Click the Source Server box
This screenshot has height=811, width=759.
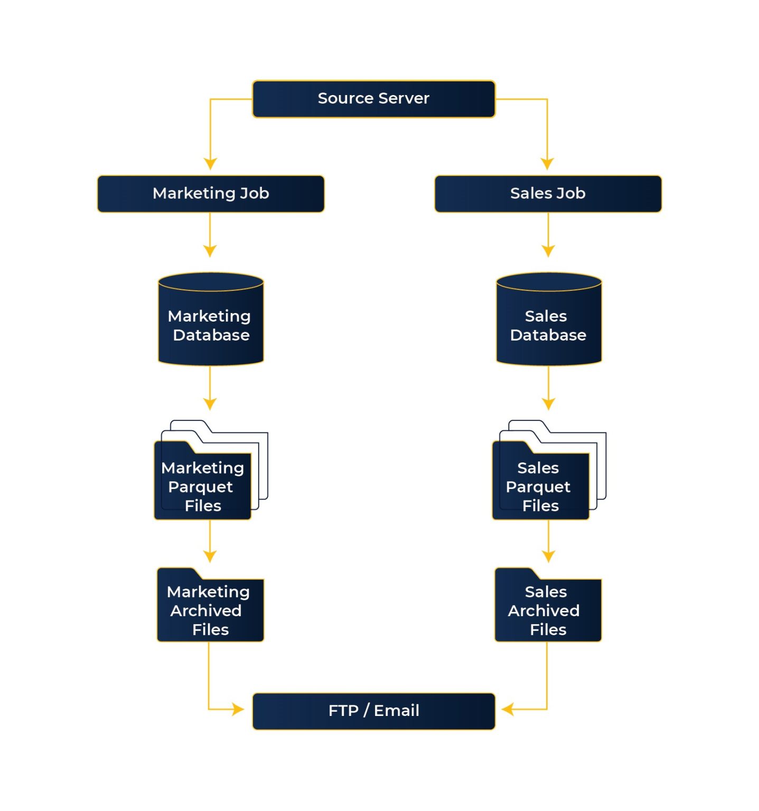tap(373, 99)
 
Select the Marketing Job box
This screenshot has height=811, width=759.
tap(211, 194)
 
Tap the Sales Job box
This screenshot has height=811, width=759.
tap(548, 194)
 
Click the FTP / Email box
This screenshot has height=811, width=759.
tap(373, 711)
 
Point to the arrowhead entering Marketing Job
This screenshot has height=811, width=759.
tap(210, 164)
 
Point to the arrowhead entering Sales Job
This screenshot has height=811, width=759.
tap(547, 164)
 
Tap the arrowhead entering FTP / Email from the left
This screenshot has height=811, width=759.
tap(238, 709)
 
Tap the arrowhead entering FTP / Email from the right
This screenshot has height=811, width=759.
tap(508, 709)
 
